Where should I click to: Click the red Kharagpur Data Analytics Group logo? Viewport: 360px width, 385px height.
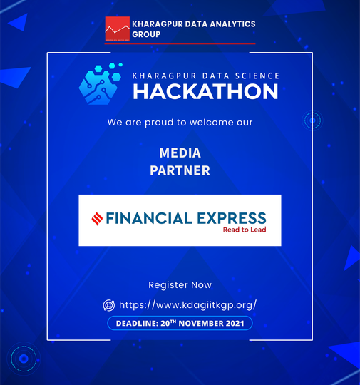click(118, 29)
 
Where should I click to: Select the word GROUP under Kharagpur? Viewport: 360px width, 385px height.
click(146, 34)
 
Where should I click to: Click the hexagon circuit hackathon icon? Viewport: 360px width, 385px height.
click(101, 83)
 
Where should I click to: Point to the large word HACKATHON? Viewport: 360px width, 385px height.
click(205, 91)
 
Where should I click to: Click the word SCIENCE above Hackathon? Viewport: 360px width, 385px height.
click(257, 76)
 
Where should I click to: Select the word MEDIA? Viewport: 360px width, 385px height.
click(180, 153)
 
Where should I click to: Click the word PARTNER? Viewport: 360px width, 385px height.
click(180, 170)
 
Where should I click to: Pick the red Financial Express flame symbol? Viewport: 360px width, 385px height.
click(97, 219)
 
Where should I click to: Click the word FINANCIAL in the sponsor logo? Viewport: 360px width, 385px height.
click(149, 218)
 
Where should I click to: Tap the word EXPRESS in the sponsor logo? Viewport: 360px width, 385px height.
click(232, 218)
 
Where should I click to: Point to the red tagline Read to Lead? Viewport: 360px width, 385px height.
click(245, 230)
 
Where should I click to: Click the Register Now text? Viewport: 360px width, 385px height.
click(180, 285)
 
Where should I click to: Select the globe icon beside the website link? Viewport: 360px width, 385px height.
click(109, 305)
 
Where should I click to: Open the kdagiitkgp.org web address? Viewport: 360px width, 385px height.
click(188, 305)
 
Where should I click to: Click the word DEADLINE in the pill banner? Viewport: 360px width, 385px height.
click(137, 324)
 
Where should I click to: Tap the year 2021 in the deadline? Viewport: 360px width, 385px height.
click(235, 324)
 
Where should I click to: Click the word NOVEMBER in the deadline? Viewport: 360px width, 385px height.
click(201, 324)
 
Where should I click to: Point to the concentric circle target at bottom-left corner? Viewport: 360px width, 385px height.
click(24, 359)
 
